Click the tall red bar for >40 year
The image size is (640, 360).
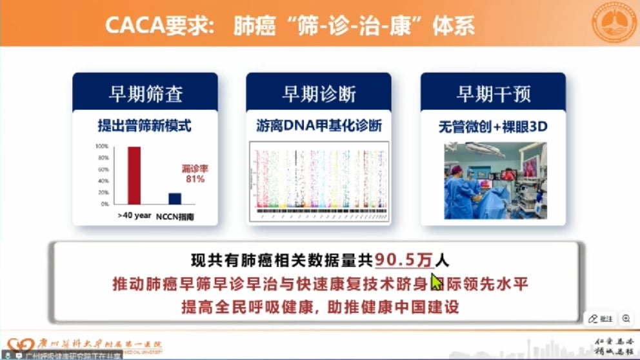click(134, 175)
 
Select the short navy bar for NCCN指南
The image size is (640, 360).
click(175, 199)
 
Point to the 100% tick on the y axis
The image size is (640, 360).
click(103, 147)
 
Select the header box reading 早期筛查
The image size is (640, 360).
click(145, 94)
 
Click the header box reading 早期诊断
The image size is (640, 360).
click(319, 94)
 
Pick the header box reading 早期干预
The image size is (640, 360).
click(494, 94)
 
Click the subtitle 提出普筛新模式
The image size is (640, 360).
click(145, 126)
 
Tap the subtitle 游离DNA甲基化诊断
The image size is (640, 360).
click(319, 126)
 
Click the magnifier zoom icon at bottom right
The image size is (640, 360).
click(626, 319)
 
